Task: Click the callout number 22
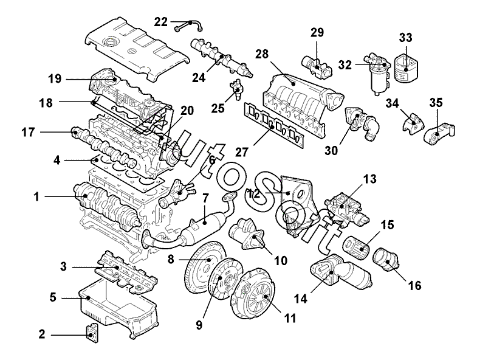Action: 160,22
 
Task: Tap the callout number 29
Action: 318,32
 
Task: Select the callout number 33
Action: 405,38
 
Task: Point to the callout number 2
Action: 42,333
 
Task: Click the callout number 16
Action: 414,283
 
